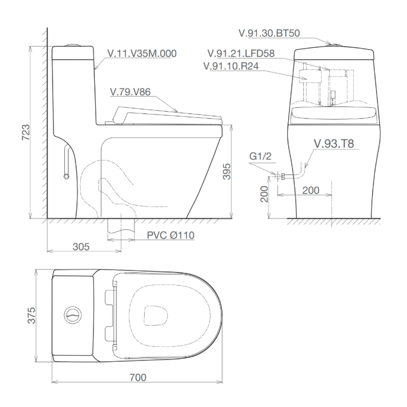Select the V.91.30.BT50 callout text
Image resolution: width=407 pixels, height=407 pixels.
coord(269,33)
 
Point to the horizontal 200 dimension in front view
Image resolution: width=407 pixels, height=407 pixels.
coord(311,190)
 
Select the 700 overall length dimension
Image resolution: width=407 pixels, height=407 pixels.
coord(138,377)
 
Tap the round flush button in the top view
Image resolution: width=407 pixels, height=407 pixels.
coord(74,315)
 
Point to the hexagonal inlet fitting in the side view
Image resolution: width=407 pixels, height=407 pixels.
coord(66,176)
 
